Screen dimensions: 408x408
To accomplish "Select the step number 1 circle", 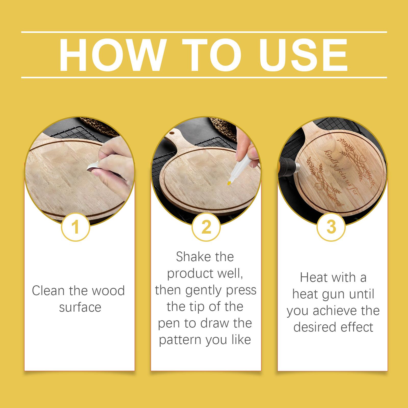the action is [x=75, y=227].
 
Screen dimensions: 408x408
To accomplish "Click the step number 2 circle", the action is [x=206, y=227].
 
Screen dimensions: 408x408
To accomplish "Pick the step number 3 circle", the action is [x=331, y=227].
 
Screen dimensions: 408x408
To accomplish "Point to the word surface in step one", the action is [x=80, y=307].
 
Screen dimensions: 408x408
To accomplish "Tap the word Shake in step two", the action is [x=192, y=257].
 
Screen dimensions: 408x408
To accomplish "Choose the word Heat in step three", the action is [x=314, y=277].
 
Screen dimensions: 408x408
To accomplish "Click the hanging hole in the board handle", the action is [x=173, y=133].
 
